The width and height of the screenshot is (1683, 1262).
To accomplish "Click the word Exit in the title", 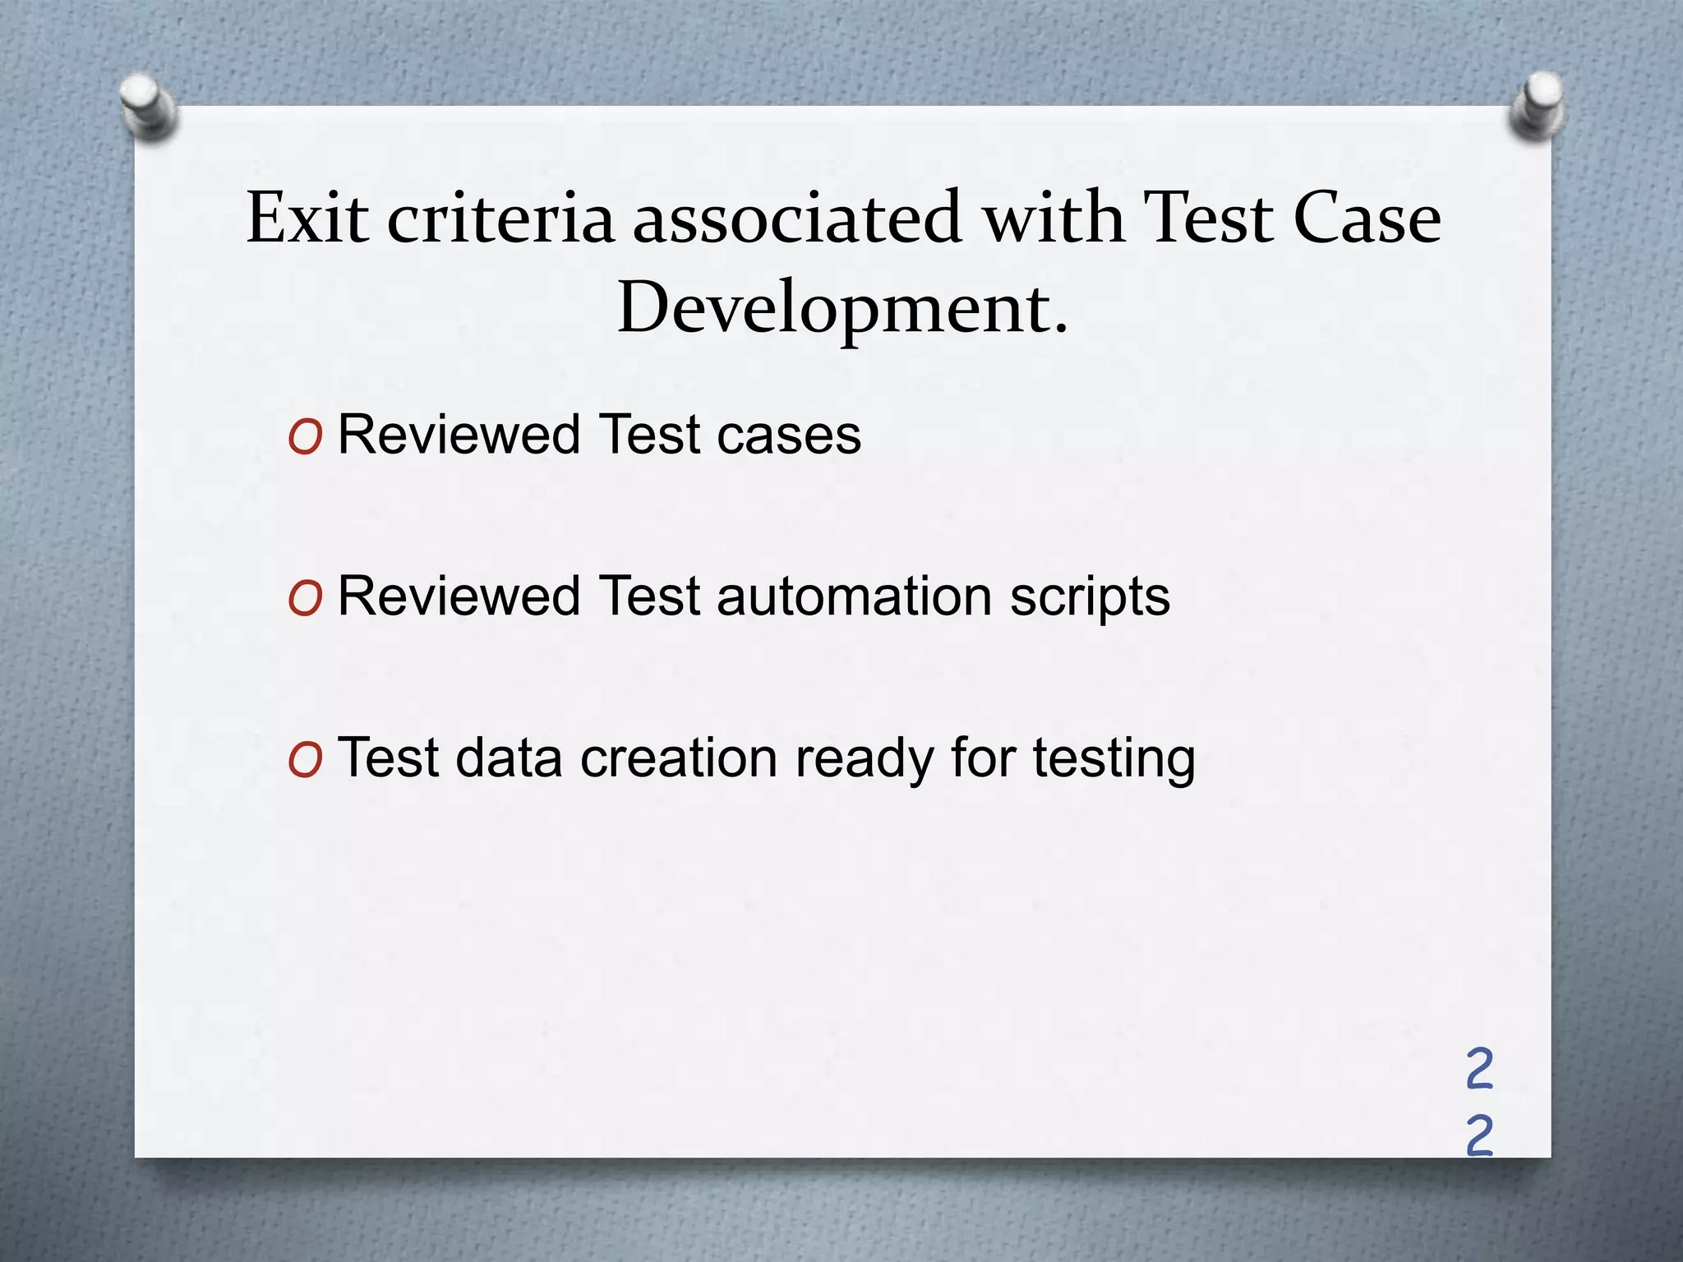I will [x=307, y=218].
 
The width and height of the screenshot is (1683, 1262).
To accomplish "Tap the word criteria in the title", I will [x=500, y=218].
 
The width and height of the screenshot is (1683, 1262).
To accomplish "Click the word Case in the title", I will [x=1367, y=218].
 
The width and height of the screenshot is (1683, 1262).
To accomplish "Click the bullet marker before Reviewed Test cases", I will [x=305, y=439].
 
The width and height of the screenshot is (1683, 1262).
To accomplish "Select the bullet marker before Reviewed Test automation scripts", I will [x=305, y=600].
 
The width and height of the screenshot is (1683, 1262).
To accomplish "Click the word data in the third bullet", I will [x=508, y=758].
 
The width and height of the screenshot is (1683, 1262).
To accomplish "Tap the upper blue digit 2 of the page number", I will [x=1479, y=1070].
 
